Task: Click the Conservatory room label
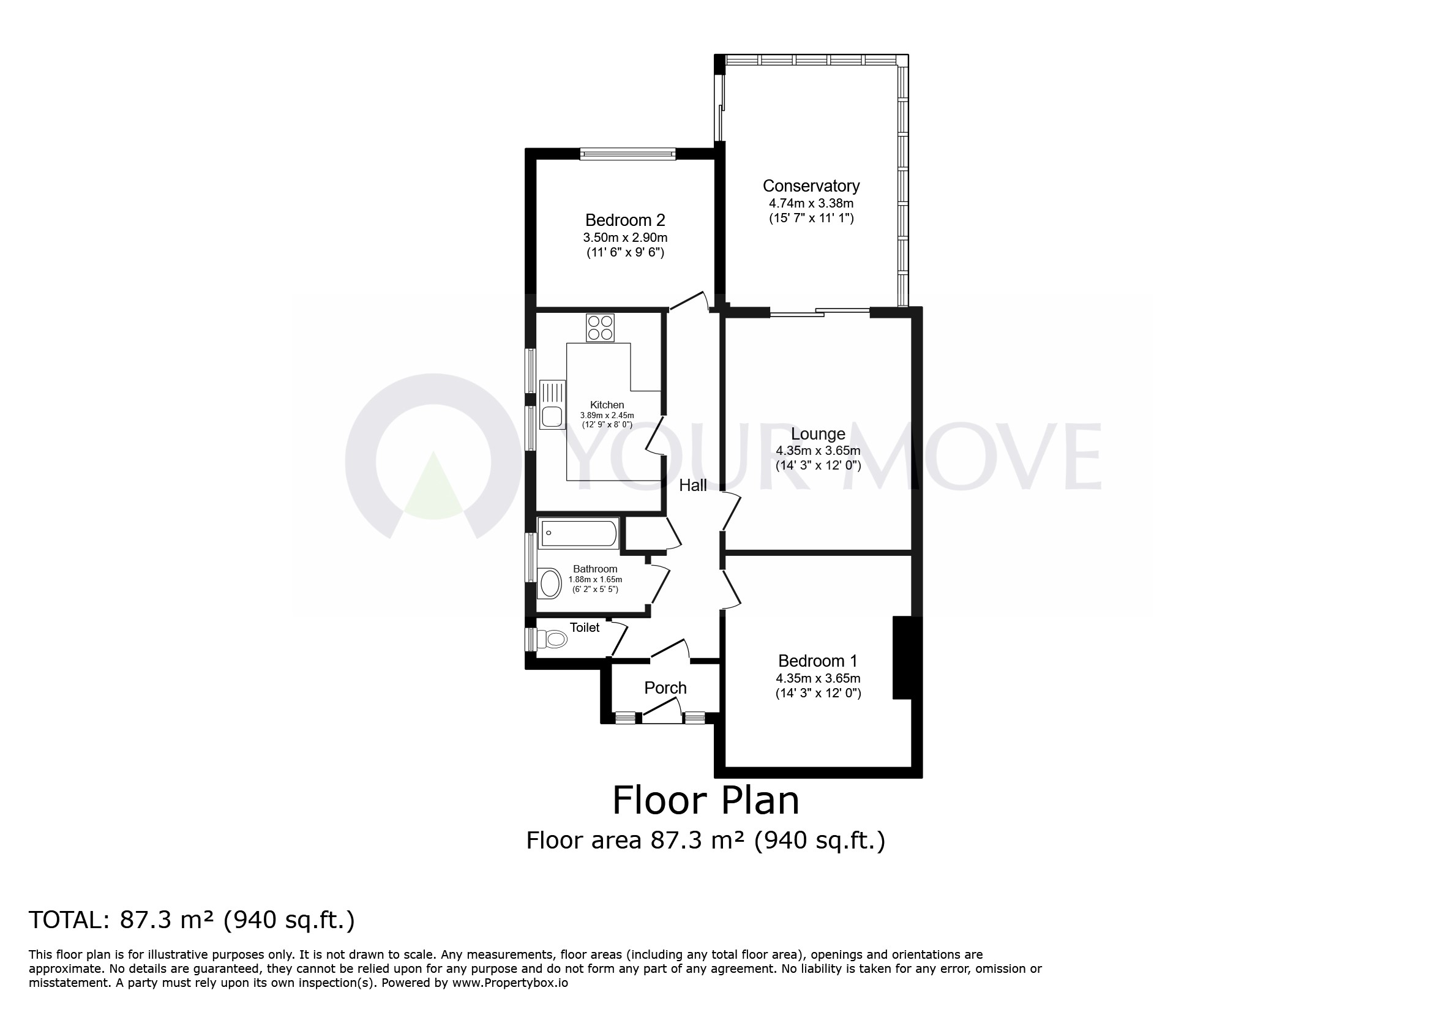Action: pyautogui.click(x=811, y=186)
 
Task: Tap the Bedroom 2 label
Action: pyautogui.click(x=625, y=220)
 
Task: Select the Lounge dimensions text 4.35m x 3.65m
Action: pyautogui.click(x=817, y=451)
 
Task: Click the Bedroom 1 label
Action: pyautogui.click(x=817, y=661)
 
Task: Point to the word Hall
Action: pyautogui.click(x=692, y=485)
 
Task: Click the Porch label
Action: pyautogui.click(x=665, y=688)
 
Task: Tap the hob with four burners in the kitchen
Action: pyautogui.click(x=599, y=328)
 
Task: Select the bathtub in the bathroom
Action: pyautogui.click(x=578, y=533)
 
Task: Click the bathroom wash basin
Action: pyautogui.click(x=550, y=583)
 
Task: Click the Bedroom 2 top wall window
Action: pyautogui.click(x=627, y=154)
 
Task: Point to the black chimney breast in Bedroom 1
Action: pyautogui.click(x=902, y=658)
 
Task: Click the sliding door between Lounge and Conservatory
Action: pyautogui.click(x=819, y=312)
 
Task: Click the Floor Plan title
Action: pyautogui.click(x=705, y=800)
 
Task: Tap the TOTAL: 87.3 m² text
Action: pyautogui.click(x=192, y=920)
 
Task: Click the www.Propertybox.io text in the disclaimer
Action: pyautogui.click(x=509, y=983)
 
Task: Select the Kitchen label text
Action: pyautogui.click(x=607, y=405)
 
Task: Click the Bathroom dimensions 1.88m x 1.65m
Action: pyautogui.click(x=594, y=579)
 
